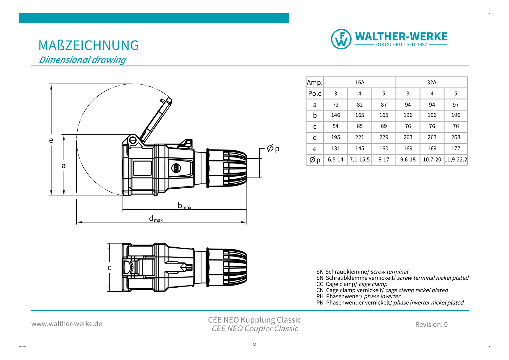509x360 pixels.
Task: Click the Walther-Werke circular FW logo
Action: (x=341, y=39)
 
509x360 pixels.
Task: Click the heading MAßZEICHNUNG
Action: (x=89, y=45)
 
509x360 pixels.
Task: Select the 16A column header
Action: (x=360, y=82)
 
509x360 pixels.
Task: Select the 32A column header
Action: (x=432, y=82)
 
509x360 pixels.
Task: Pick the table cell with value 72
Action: (x=336, y=105)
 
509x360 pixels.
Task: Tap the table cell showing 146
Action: (x=336, y=115)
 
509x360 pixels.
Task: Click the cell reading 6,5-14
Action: (x=336, y=160)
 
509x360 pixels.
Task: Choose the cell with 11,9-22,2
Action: (x=456, y=160)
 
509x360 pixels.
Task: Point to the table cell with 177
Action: (x=456, y=149)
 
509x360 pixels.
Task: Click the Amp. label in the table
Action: (x=315, y=82)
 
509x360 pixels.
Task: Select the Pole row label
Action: (x=315, y=94)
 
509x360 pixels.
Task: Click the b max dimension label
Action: (x=184, y=206)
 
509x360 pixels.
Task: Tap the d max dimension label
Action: (x=156, y=219)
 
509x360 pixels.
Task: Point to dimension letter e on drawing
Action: (x=51, y=140)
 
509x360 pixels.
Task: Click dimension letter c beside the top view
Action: (x=109, y=268)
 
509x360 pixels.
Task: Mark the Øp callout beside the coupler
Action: (x=273, y=149)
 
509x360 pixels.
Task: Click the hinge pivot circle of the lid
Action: (x=133, y=140)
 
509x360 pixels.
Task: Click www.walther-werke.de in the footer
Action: (x=67, y=324)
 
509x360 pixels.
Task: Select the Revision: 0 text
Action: (x=431, y=324)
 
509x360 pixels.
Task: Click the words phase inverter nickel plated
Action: (x=428, y=303)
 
